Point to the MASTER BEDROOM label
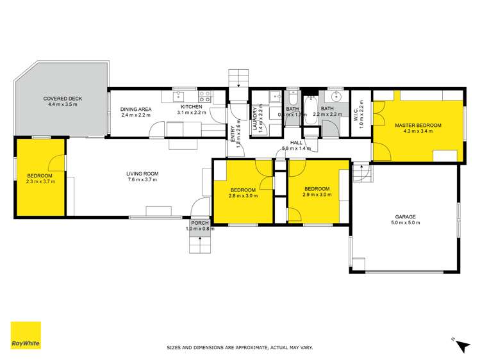pyautogui.click(x=418, y=124)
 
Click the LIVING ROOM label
pyautogui.click(x=142, y=174)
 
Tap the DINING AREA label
pyautogui.click(x=135, y=109)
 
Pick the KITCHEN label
pyautogui.click(x=190, y=106)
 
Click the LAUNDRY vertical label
pyautogui.click(x=255, y=119)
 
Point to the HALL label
pyautogui.click(x=296, y=142)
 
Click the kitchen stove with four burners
pyautogui.click(x=205, y=97)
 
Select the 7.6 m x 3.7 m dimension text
pyautogui.click(x=142, y=180)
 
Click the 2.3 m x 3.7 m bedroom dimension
pyautogui.click(x=40, y=182)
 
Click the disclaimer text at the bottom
pyautogui.click(x=240, y=348)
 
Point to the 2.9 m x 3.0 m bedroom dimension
pyautogui.click(x=317, y=195)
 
